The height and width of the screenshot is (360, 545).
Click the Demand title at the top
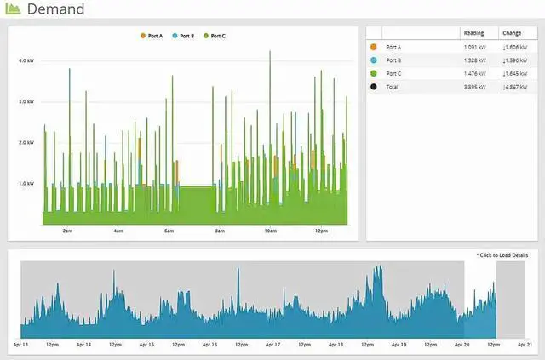[55, 9]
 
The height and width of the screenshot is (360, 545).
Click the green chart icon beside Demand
[14, 9]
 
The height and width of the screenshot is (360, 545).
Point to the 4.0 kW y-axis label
[26, 61]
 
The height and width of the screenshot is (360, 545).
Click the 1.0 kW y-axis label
[26, 183]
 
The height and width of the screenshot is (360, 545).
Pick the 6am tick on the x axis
[169, 231]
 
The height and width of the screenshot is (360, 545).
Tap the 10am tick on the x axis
[271, 231]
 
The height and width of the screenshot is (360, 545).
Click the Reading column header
[473, 32]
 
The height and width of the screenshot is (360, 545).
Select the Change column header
[513, 32]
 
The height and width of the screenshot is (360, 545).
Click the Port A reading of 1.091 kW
[475, 47]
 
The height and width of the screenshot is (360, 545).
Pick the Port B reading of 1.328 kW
[475, 60]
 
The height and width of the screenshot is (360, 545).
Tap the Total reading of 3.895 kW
[475, 87]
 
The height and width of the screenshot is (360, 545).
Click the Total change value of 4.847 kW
[514, 87]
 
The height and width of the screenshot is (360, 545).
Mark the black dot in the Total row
[375, 87]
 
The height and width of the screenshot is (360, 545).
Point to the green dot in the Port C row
[375, 73]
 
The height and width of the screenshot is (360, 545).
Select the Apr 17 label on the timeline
[272, 345]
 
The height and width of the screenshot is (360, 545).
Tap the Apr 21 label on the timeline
[525, 345]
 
